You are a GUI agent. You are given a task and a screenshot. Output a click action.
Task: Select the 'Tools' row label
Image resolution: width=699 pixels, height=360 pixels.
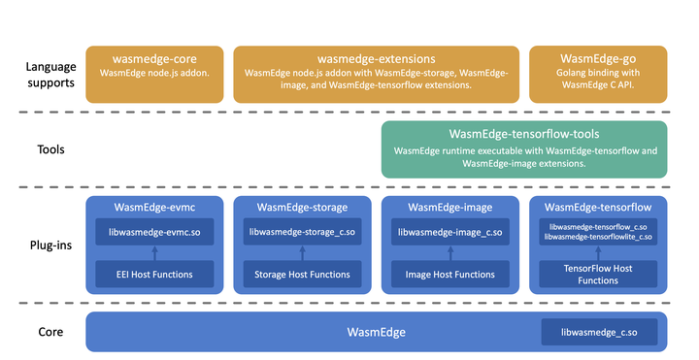pyautogui.click(x=50, y=150)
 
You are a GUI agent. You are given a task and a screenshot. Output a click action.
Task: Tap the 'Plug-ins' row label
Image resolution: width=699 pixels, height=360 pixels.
pyautogui.click(x=50, y=245)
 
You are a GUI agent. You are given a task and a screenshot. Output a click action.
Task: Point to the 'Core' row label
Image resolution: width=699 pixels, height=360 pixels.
pyautogui.click(x=50, y=332)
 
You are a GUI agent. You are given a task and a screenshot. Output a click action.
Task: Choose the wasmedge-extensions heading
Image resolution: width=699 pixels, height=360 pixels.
pyautogui.click(x=376, y=57)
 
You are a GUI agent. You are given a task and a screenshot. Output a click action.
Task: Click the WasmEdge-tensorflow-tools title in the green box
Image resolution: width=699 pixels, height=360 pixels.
pyautogui.click(x=524, y=134)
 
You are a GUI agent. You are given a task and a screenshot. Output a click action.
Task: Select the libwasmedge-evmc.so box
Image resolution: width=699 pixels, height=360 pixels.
pyautogui.click(x=153, y=232)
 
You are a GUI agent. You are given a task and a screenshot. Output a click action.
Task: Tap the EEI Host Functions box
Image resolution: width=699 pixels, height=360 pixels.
pyautogui.click(x=153, y=275)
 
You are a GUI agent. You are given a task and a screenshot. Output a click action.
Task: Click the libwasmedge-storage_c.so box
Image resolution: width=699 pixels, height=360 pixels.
pyautogui.click(x=302, y=232)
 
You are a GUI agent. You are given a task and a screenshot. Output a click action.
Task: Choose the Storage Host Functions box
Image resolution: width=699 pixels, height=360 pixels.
pyautogui.click(x=302, y=275)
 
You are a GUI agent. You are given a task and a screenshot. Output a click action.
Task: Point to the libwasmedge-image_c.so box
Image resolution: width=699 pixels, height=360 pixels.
pyautogui.click(x=450, y=232)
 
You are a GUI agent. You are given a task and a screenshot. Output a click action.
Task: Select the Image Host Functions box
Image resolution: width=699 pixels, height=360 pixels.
pyautogui.click(x=450, y=275)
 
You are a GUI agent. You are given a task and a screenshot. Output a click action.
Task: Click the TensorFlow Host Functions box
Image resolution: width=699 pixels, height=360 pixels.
pyautogui.click(x=598, y=274)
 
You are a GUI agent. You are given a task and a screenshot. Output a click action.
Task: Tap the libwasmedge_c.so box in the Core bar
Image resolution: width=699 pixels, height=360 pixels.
pyautogui.click(x=599, y=333)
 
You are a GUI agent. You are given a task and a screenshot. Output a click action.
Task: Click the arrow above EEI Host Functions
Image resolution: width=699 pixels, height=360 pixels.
pyautogui.click(x=153, y=253)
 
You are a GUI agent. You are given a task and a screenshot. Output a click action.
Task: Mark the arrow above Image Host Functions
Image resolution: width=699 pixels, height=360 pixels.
pyautogui.click(x=450, y=253)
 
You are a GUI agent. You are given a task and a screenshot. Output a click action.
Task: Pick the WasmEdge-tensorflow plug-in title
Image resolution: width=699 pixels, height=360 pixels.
pyautogui.click(x=598, y=208)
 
